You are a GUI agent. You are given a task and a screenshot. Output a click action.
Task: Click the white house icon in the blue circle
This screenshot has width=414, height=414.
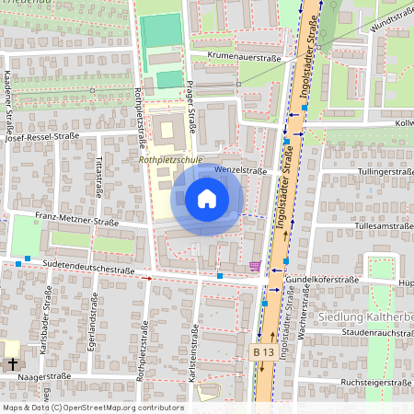pyautogui.click(x=207, y=199)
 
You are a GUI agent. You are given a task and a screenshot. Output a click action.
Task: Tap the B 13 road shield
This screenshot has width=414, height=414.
pyautogui.click(x=264, y=352)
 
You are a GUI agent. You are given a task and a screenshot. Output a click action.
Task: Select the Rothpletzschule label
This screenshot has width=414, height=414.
pyautogui.click(x=170, y=159)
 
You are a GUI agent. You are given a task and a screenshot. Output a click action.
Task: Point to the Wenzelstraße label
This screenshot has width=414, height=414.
pyautogui.click(x=240, y=170)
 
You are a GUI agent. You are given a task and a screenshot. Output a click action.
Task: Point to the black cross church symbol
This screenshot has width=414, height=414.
pyautogui.click(x=13, y=364)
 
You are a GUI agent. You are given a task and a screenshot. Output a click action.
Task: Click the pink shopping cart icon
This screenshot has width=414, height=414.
pyautogui.click(x=254, y=267)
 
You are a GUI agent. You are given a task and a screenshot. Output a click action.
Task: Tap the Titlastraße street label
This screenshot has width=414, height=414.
pyautogui.click(x=98, y=175)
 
